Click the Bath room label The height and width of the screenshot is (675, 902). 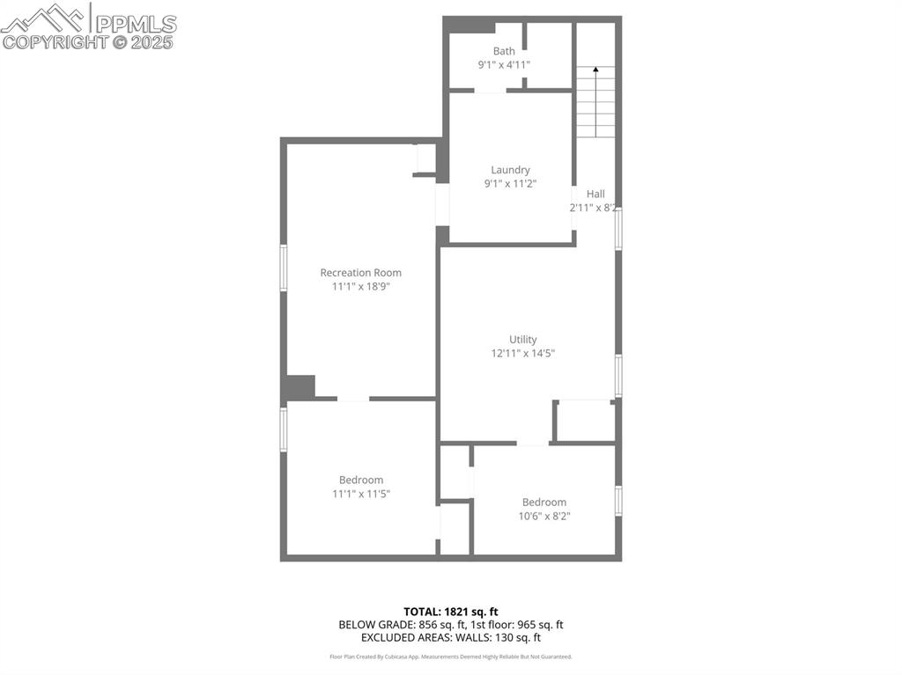pyautogui.click(x=504, y=51)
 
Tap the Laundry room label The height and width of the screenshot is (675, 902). pyautogui.click(x=510, y=170)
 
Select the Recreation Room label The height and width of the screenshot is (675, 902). pyautogui.click(x=360, y=273)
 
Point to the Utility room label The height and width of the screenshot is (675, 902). pyautogui.click(x=522, y=340)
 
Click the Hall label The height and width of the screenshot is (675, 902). pyautogui.click(x=595, y=194)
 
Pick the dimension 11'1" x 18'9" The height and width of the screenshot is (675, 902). pyautogui.click(x=360, y=286)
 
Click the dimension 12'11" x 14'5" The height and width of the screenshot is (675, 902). pyautogui.click(x=522, y=353)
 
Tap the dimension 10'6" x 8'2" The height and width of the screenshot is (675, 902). pyautogui.click(x=543, y=516)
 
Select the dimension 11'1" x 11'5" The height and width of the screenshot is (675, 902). pyautogui.click(x=360, y=494)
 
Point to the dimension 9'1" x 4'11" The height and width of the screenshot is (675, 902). pyautogui.click(x=504, y=65)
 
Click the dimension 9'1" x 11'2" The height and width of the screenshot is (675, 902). pyautogui.click(x=510, y=183)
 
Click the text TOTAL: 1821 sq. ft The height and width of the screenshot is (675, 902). pyautogui.click(x=450, y=611)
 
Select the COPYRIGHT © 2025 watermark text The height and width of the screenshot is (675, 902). pyautogui.click(x=88, y=41)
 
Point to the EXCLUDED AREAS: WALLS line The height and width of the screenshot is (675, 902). pyautogui.click(x=450, y=637)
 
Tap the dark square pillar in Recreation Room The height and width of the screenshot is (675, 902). pyautogui.click(x=299, y=387)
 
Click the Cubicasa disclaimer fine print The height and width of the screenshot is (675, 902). pyautogui.click(x=450, y=657)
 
